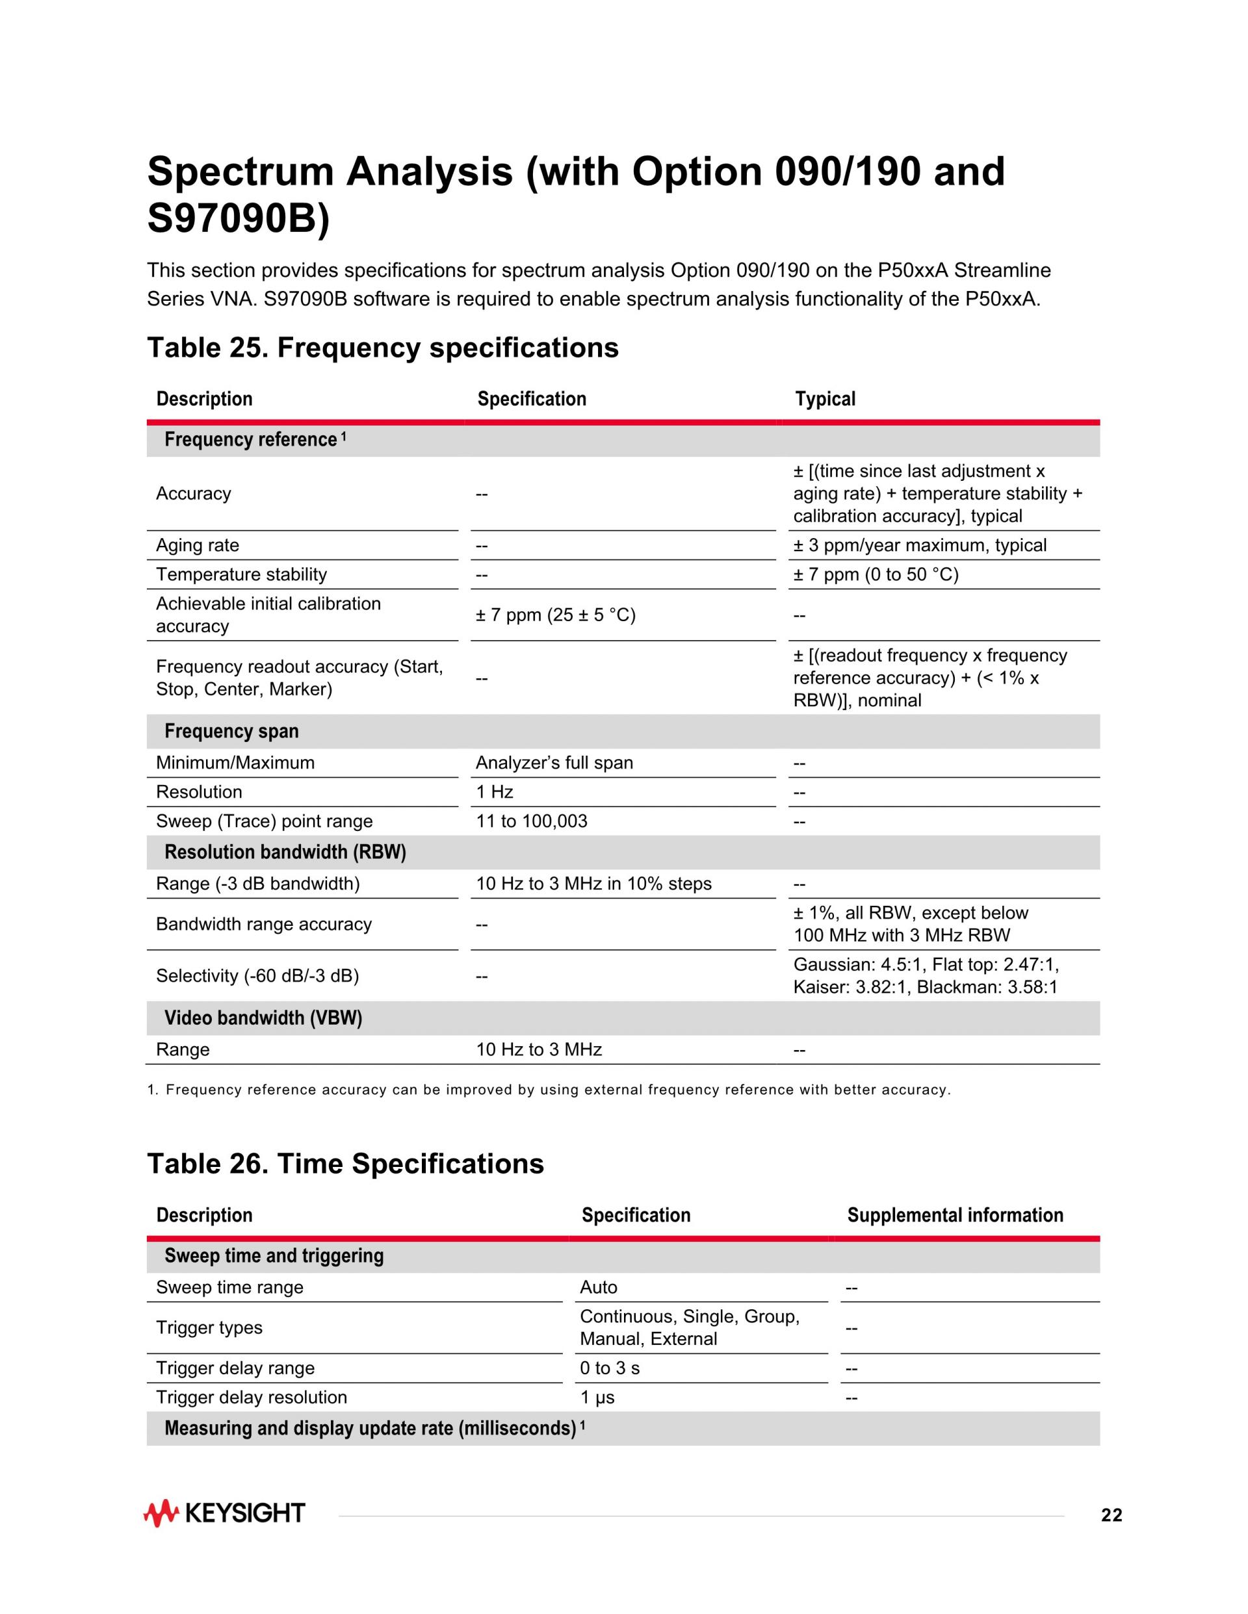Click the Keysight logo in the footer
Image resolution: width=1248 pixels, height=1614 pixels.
point(224,1513)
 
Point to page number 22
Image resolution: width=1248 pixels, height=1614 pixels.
point(1111,1516)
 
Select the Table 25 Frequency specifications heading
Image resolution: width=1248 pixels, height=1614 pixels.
point(382,348)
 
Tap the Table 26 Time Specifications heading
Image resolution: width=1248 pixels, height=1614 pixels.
point(345,1164)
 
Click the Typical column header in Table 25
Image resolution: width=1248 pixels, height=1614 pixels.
point(825,399)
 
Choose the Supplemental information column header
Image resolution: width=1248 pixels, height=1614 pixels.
point(954,1216)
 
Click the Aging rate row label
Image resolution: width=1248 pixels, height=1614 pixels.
point(198,545)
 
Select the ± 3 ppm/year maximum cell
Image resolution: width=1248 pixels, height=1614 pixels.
point(920,545)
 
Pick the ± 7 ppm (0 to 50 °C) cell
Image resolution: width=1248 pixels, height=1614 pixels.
point(876,574)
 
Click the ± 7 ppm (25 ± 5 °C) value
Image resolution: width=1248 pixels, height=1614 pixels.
point(555,615)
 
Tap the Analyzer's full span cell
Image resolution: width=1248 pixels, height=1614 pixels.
point(554,763)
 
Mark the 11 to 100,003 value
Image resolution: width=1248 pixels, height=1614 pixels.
point(531,821)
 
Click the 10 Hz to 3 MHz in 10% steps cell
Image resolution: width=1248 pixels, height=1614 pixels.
point(593,884)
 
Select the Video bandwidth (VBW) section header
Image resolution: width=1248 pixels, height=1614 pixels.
point(263,1018)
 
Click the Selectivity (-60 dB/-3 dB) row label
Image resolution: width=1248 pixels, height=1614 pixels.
point(257,976)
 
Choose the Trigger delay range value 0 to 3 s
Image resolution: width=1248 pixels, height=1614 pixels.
point(609,1368)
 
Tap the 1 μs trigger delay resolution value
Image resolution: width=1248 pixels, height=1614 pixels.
point(597,1398)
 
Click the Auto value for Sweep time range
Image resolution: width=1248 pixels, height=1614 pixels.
point(598,1287)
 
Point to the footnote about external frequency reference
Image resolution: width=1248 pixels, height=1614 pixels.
point(549,1090)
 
